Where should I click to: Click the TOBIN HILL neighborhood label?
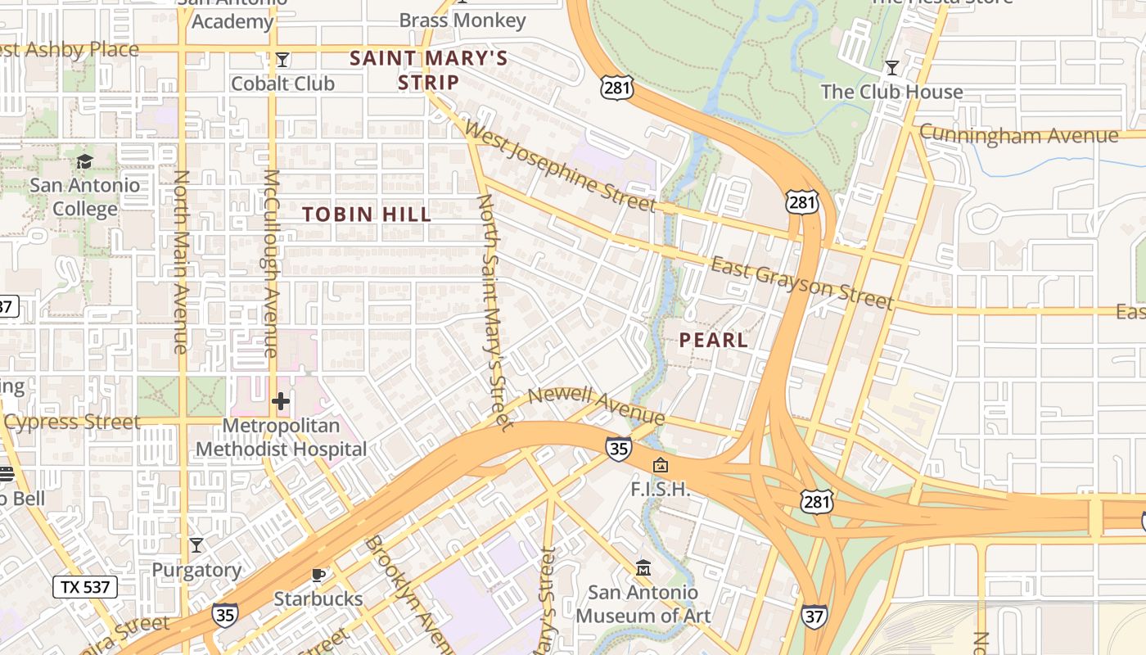pos(367,215)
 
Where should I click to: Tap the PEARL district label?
pos(714,340)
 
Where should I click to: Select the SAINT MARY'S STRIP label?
pos(429,70)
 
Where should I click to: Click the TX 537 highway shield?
pos(85,586)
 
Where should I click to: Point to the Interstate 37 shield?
pos(814,617)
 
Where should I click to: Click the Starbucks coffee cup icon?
pos(318,575)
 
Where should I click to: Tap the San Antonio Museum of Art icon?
pos(643,567)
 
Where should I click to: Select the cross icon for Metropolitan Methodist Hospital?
pos(281,401)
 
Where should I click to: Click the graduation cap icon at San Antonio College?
pos(85,161)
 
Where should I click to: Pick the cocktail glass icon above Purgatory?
pos(196,544)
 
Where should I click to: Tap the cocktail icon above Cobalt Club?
pos(282,60)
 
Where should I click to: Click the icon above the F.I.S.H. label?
pos(660,466)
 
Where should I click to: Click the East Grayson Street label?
pos(801,283)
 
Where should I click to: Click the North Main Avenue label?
pos(181,262)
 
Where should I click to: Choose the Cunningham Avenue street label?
pos(1018,134)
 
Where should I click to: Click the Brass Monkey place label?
pos(462,20)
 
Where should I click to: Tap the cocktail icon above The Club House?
pos(892,67)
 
